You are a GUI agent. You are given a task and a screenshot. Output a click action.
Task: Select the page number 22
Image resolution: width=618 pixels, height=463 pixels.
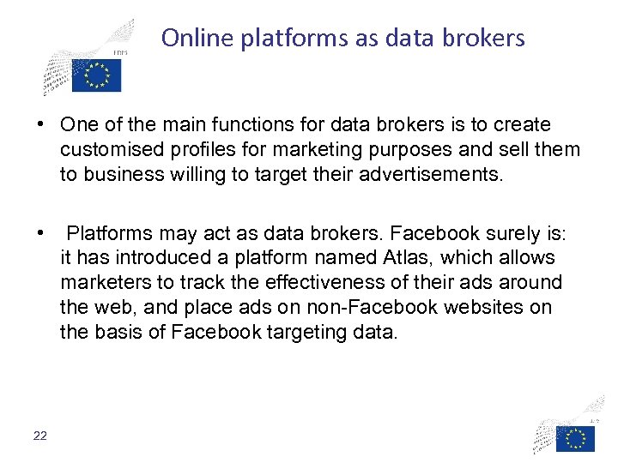[40, 436]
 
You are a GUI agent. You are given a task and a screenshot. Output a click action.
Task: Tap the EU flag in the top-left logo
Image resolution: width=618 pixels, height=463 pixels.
[97, 76]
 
